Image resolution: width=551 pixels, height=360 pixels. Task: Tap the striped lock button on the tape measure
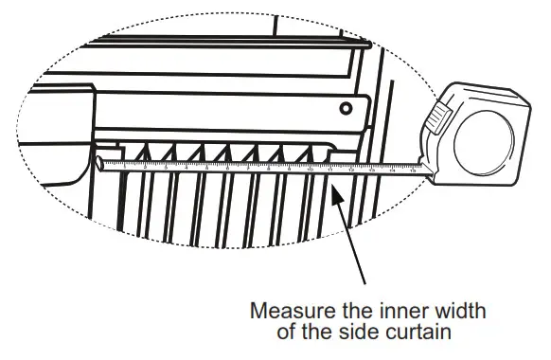click(x=436, y=118)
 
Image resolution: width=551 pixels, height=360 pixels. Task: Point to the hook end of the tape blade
click(x=99, y=164)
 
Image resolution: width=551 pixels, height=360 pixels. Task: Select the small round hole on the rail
click(x=347, y=106)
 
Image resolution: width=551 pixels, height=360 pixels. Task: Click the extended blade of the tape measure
click(x=265, y=167)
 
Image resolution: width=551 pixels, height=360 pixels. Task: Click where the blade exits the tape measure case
click(x=429, y=169)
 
